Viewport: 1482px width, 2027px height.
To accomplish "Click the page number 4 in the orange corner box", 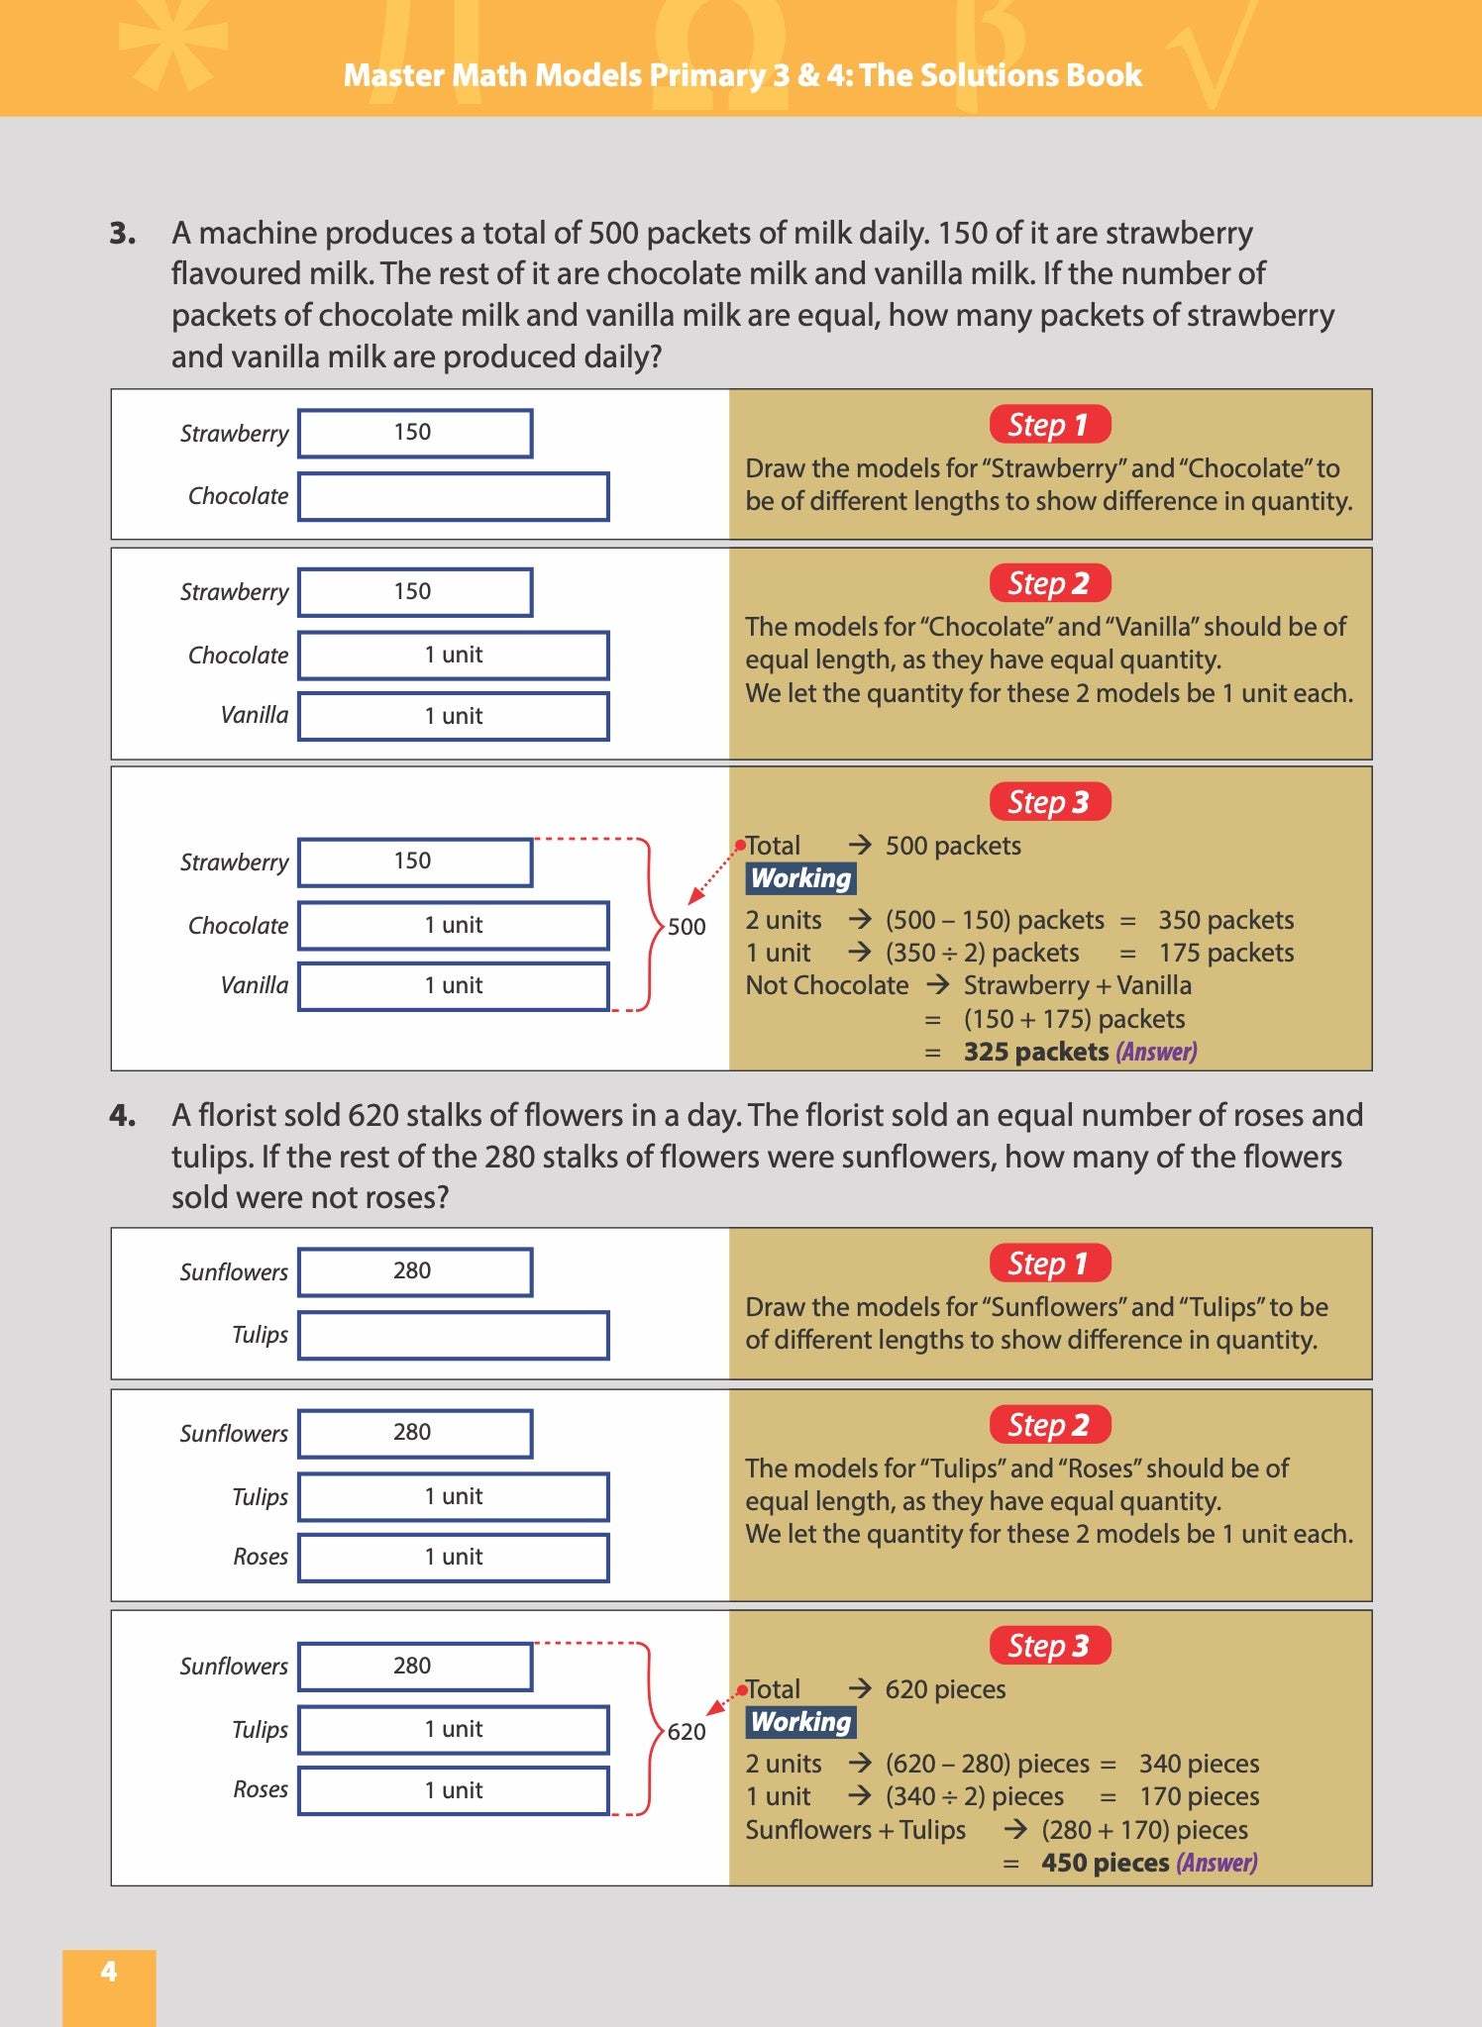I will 109,1971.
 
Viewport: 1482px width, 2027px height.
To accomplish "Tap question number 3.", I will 123,234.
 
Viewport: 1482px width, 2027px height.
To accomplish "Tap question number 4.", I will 123,1116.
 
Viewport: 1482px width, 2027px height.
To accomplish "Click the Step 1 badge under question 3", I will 1049,425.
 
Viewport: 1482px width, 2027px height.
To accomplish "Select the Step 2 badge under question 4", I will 1049,1425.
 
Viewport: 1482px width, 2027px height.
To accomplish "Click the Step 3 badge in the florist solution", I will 1049,1646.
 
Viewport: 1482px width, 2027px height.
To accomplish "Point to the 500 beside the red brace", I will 687,927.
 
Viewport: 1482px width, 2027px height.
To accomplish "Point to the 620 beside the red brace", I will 687,1732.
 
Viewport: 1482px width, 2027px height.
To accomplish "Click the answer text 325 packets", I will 1036,1052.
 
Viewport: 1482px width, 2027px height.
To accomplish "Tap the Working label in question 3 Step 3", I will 800,878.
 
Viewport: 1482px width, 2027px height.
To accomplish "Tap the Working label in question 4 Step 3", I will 800,1722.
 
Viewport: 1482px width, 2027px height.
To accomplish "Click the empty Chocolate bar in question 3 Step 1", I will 454,497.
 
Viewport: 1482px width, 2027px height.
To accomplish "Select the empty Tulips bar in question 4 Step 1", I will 454,1336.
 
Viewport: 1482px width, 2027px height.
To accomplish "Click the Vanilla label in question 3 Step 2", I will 255,715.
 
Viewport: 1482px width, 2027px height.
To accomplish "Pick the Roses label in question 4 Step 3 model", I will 261,1789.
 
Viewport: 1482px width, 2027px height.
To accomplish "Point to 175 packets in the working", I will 1226,953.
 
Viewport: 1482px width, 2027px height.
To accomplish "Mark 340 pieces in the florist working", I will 1199,1764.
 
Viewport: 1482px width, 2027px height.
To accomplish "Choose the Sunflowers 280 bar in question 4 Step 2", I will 415,1433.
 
